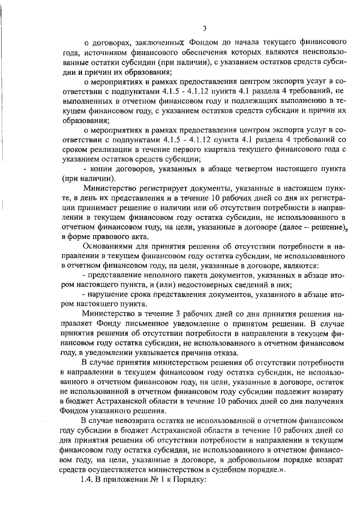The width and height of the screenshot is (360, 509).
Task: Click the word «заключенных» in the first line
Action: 157,42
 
